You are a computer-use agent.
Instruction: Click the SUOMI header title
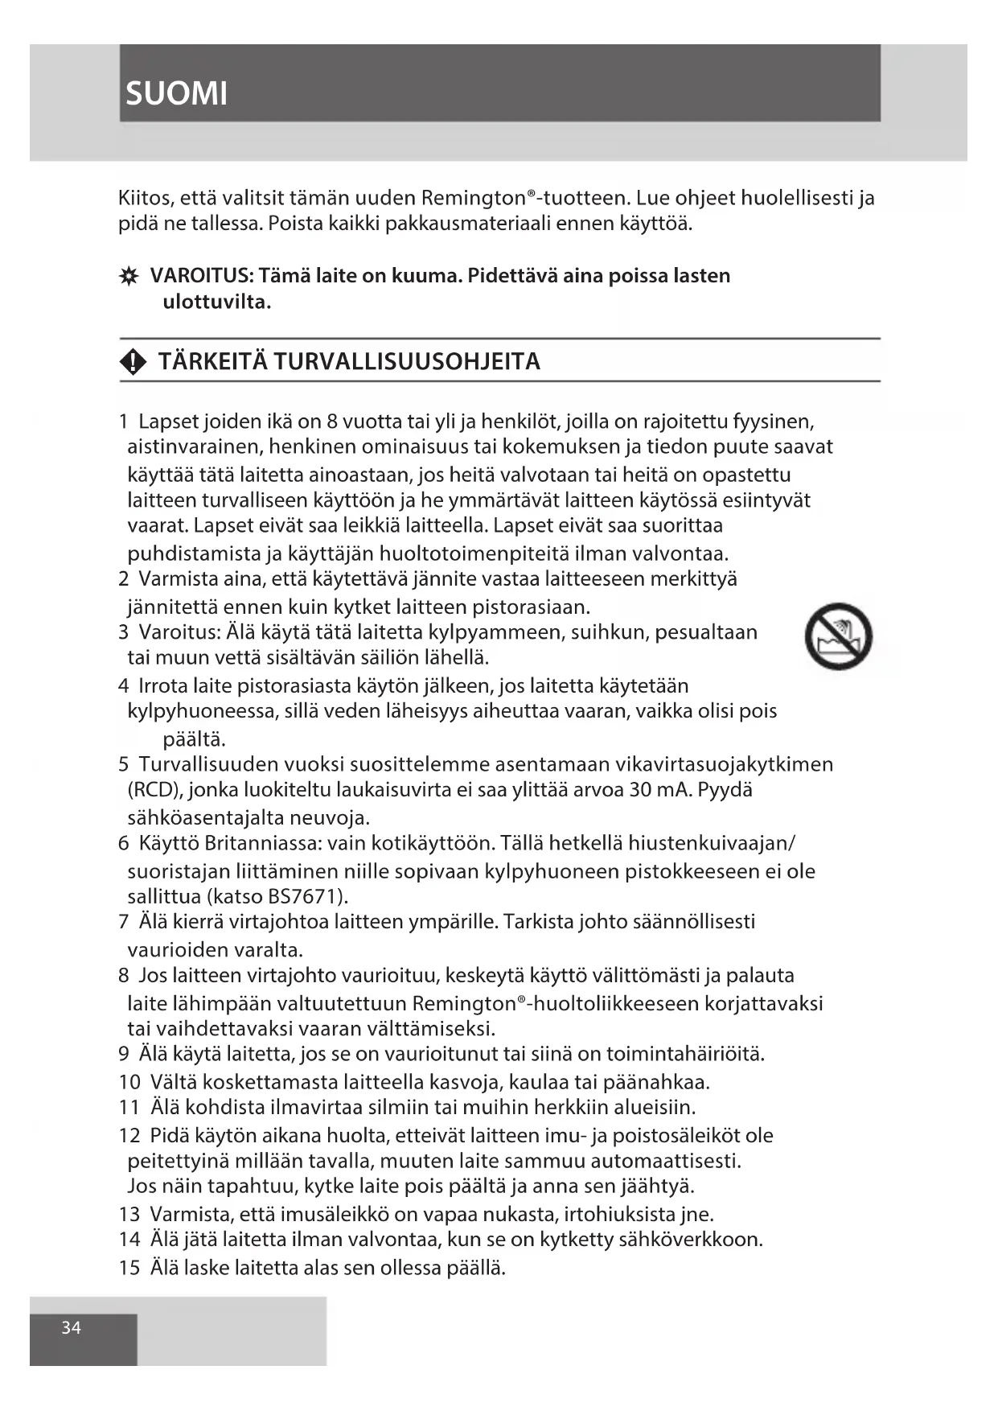point(177,94)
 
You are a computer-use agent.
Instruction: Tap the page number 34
point(72,1327)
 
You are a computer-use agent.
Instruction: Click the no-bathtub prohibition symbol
point(838,636)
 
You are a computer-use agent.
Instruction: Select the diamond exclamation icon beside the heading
point(133,363)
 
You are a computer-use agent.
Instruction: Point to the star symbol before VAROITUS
point(128,277)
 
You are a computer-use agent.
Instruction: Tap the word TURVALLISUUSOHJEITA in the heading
point(406,362)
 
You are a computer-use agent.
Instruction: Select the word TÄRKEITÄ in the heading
point(213,362)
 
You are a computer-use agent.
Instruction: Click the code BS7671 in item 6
point(306,896)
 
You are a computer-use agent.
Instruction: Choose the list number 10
point(129,1082)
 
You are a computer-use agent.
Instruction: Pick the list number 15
point(129,1268)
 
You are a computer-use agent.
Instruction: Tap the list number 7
point(124,922)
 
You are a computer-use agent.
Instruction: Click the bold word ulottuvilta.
point(217,302)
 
